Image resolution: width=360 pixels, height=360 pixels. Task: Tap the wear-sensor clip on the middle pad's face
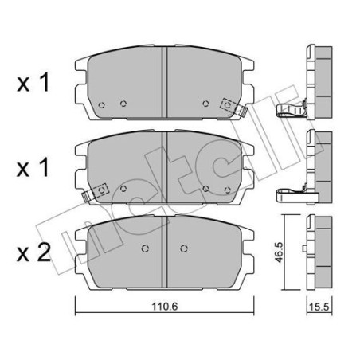pyautogui.click(x=101, y=190)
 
